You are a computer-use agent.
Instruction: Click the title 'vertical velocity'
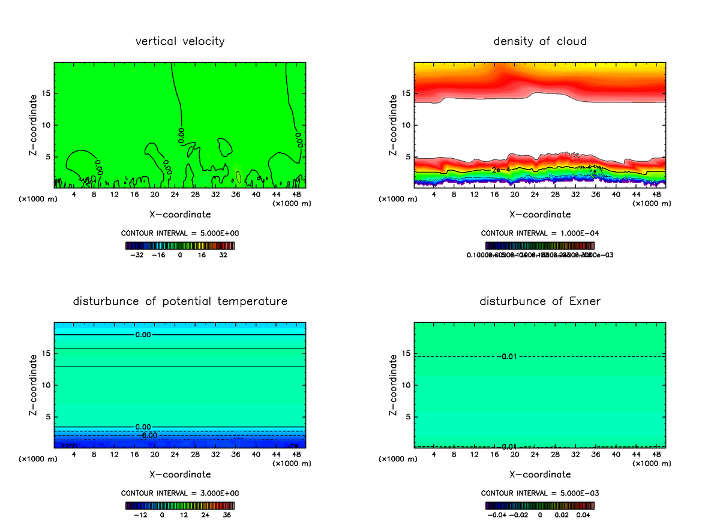(x=180, y=41)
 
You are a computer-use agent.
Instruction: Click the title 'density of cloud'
(x=540, y=41)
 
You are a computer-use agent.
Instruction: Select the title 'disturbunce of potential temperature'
(x=180, y=301)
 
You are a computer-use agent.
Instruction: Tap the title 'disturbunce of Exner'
(x=540, y=301)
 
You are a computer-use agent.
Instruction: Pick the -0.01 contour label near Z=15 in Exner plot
(x=508, y=357)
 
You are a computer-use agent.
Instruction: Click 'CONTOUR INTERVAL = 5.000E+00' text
(x=180, y=233)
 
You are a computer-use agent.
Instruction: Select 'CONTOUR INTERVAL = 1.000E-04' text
(x=540, y=233)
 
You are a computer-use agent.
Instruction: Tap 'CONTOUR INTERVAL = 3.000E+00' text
(x=180, y=493)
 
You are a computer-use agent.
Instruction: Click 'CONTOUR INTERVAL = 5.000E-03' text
(x=540, y=493)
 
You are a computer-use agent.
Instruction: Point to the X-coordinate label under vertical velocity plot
(x=180, y=214)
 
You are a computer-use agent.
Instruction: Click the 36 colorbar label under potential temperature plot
(x=227, y=515)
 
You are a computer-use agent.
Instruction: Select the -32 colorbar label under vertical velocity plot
(x=137, y=255)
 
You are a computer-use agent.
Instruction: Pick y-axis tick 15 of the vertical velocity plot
(x=47, y=93)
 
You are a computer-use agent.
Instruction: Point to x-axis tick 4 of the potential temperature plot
(x=74, y=455)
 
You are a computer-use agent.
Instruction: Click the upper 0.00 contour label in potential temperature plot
(x=143, y=335)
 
